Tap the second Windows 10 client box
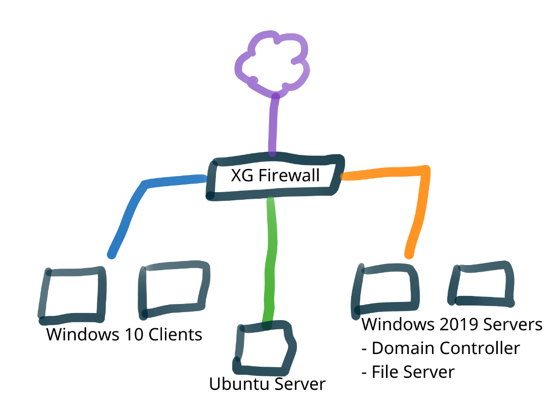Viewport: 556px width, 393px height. click(x=174, y=290)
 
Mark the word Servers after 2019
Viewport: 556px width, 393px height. click(x=511, y=324)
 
